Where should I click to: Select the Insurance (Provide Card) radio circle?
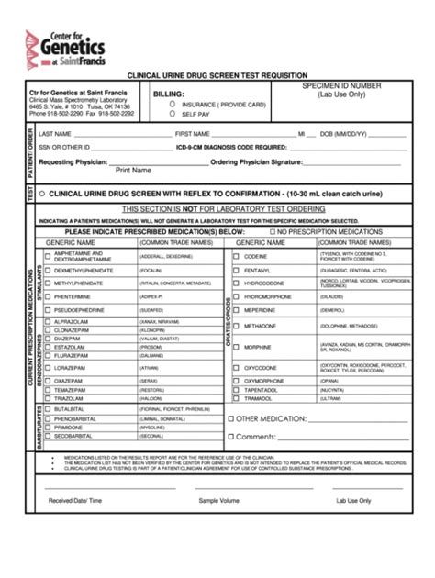(172, 105)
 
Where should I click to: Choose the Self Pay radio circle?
(172, 115)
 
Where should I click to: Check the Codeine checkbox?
(236, 257)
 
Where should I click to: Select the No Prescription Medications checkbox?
(272, 232)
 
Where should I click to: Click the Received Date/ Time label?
(75, 501)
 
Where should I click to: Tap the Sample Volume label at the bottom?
(218, 501)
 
